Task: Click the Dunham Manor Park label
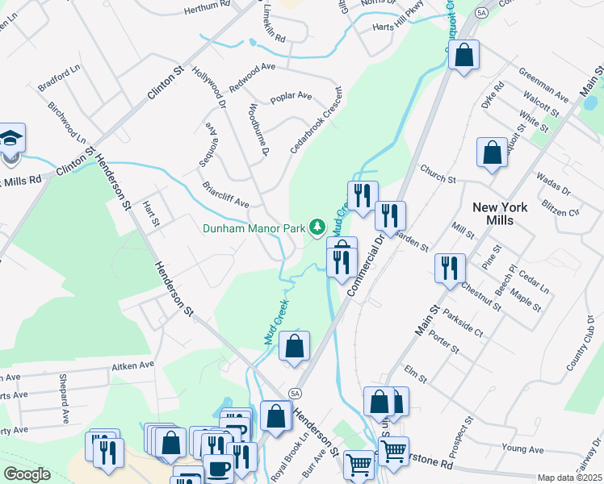tap(254, 228)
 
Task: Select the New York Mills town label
tap(500, 214)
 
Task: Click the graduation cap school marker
tap(11, 139)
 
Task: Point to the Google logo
tap(27, 474)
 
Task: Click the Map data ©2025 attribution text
tap(569, 478)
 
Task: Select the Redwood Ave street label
tap(253, 77)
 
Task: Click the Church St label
tap(438, 173)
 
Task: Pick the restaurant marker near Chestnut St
tap(448, 268)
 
